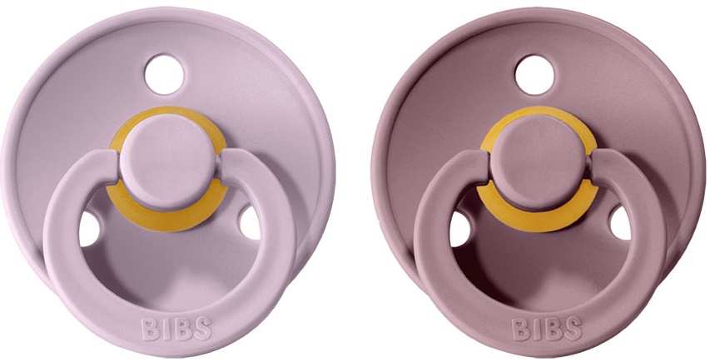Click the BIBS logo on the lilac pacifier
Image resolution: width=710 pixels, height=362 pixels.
coord(176,329)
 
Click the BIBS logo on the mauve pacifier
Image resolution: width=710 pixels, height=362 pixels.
coord(547,329)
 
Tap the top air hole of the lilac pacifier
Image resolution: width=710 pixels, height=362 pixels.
coord(164,74)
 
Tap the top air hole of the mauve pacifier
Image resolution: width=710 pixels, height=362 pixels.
coord(534,75)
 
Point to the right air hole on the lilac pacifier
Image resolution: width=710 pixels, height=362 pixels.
coord(250,222)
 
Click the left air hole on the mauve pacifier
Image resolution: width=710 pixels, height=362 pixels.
coord(459,229)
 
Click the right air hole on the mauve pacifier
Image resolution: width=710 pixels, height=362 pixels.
coord(620,222)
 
